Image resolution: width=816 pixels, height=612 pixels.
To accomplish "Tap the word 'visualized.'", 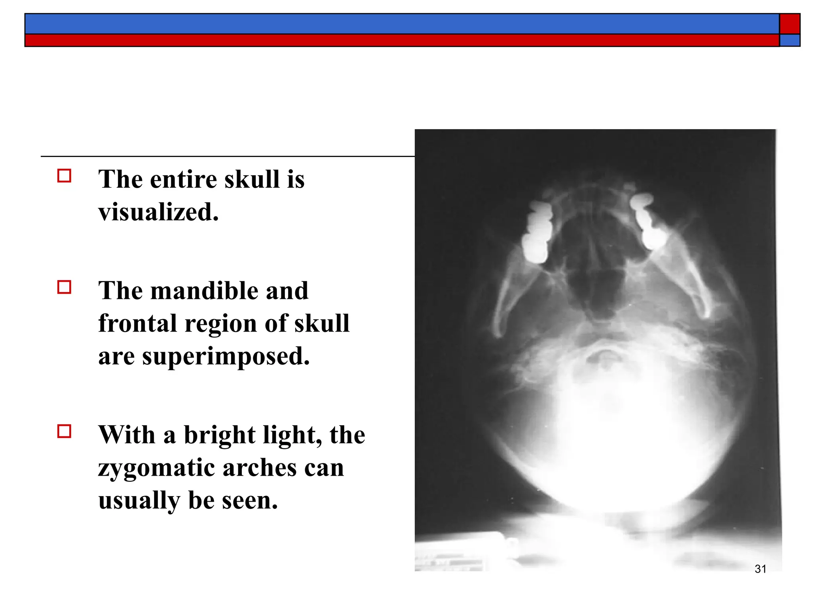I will [159, 212].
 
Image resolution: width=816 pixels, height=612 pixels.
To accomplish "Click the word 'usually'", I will [139, 501].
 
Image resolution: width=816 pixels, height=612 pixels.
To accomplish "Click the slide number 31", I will [760, 569].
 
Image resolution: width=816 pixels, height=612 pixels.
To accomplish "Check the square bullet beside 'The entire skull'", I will [64, 176].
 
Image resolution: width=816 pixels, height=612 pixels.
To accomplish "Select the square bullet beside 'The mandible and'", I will [64, 287].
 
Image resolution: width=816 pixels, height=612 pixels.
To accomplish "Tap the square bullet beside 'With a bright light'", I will [64, 431].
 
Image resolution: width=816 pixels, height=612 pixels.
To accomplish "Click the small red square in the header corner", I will [790, 24].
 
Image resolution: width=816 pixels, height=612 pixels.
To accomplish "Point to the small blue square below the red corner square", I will [790, 40].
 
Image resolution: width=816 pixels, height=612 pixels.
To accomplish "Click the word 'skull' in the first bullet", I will [252, 179].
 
